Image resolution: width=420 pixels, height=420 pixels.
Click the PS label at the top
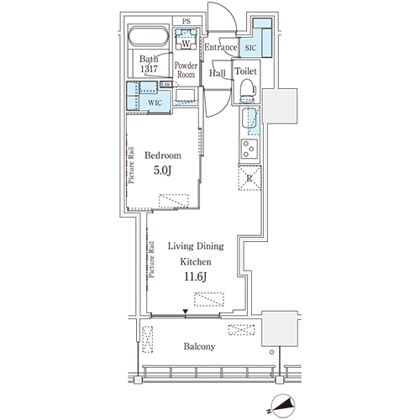click(x=186, y=21)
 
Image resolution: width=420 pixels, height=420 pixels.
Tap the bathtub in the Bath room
click(x=149, y=36)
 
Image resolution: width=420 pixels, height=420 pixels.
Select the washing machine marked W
click(x=186, y=39)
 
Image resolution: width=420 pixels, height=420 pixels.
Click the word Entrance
click(x=220, y=47)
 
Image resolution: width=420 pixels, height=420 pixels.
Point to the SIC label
click(x=250, y=48)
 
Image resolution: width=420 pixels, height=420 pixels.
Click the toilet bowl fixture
click(x=248, y=91)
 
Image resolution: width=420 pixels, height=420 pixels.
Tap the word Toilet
click(x=246, y=71)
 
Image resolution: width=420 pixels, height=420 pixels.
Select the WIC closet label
click(x=155, y=102)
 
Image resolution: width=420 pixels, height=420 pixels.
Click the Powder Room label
click(x=186, y=70)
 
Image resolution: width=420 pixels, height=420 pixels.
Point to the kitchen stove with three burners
click(x=249, y=149)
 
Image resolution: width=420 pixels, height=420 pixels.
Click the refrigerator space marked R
click(x=249, y=178)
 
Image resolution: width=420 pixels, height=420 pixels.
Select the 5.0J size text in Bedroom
click(x=162, y=170)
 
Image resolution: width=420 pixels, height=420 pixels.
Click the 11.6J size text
click(x=196, y=276)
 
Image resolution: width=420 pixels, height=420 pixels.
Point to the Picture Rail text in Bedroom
click(x=131, y=165)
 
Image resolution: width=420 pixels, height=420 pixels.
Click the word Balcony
click(x=199, y=347)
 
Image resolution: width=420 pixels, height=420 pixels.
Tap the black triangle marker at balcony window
click(x=185, y=312)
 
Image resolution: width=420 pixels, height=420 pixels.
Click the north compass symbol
click(x=283, y=406)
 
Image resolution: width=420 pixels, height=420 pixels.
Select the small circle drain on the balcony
click(x=271, y=352)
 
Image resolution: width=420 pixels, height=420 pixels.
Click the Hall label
click(x=218, y=73)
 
